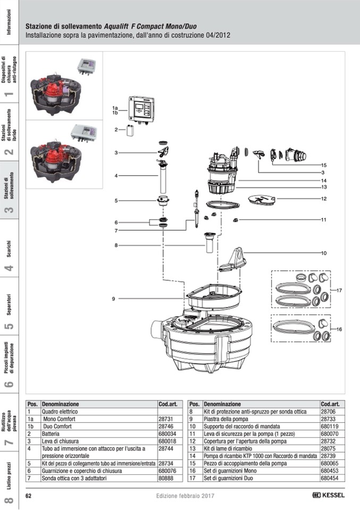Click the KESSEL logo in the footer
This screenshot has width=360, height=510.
coord(328,495)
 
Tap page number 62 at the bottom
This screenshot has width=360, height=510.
coord(29,495)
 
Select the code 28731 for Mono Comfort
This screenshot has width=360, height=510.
coord(165,419)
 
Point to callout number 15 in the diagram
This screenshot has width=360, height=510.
coord(323,165)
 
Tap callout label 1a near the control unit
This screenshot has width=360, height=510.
coord(114,108)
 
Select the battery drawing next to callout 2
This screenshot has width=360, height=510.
coord(130,130)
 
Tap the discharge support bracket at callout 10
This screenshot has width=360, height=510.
coord(233,260)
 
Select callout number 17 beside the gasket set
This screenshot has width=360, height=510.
coord(339,290)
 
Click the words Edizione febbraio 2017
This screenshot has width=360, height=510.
coord(185,495)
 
